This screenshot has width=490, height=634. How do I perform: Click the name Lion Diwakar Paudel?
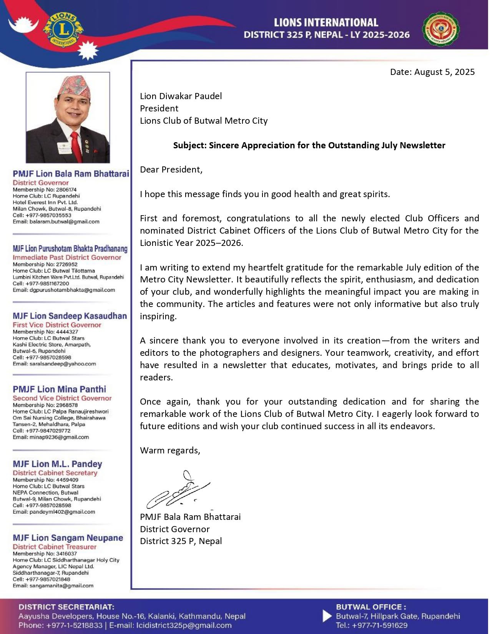(181, 96)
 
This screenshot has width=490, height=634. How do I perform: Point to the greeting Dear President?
(171, 169)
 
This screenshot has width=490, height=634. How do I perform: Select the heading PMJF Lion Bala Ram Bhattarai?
(71, 174)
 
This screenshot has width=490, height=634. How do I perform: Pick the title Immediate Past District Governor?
(67, 257)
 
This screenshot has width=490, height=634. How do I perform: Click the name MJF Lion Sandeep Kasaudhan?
(70, 316)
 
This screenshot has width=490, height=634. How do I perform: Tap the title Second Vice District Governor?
(62, 398)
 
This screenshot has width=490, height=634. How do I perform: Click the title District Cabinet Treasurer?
(55, 546)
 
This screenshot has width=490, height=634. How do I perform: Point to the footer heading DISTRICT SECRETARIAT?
(66, 607)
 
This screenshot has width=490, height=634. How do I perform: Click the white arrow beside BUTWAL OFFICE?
(327, 616)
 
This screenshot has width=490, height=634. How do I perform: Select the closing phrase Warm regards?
(170, 450)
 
